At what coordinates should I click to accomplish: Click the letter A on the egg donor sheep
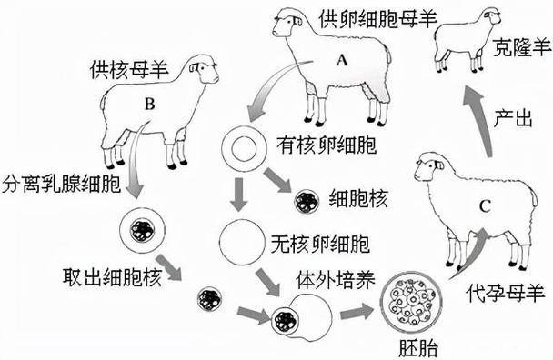pyautogui.click(x=343, y=60)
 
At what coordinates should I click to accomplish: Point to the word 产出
pyautogui.click(x=513, y=117)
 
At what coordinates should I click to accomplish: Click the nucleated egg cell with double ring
pyautogui.click(x=244, y=145)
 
